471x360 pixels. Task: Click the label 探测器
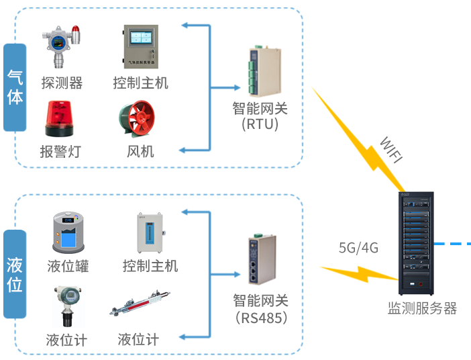coord(62,83)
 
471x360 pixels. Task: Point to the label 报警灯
coord(60,151)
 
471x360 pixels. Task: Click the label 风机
coord(140,151)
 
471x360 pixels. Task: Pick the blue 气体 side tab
coord(15,88)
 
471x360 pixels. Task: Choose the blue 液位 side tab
coord(15,274)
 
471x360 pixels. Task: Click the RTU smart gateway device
coord(260,71)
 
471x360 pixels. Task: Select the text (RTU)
coord(260,124)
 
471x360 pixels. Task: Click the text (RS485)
coord(260,317)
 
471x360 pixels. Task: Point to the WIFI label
coord(391,150)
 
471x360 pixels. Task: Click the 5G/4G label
coord(358,248)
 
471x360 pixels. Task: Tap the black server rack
coord(415,243)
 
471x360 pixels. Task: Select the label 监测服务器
coord(422,308)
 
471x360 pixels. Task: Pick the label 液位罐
coord(68,265)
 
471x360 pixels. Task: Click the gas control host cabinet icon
coord(140,46)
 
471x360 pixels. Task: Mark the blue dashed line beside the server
coord(454,243)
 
